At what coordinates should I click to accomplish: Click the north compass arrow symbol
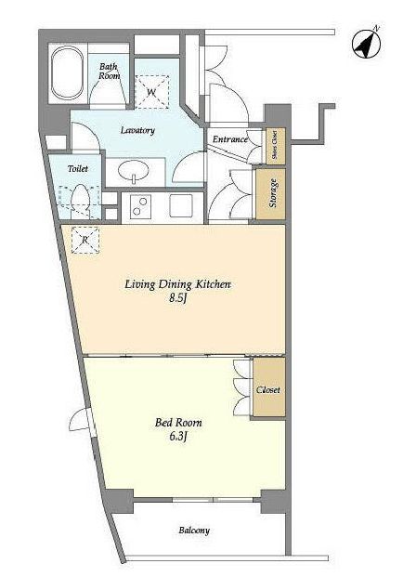click(x=367, y=45)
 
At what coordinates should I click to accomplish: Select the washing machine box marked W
click(x=152, y=92)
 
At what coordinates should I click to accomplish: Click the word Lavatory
click(x=137, y=130)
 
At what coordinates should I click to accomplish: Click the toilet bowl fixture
click(x=80, y=199)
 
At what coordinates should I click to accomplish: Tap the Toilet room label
click(x=78, y=168)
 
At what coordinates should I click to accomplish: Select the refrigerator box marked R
click(x=85, y=241)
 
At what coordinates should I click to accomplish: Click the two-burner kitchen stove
click(x=140, y=206)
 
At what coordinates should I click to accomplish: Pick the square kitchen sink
click(x=181, y=206)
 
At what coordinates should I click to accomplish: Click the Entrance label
click(x=230, y=139)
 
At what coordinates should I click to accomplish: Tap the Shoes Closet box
click(x=276, y=146)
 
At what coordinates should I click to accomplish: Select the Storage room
click(x=270, y=193)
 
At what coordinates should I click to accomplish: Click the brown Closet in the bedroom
click(x=268, y=387)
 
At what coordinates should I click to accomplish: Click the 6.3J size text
click(x=178, y=437)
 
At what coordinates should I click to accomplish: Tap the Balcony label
click(x=194, y=531)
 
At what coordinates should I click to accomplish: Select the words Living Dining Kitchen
click(x=178, y=285)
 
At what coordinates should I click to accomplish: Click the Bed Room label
click(x=178, y=423)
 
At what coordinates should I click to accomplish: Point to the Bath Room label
click(x=110, y=71)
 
